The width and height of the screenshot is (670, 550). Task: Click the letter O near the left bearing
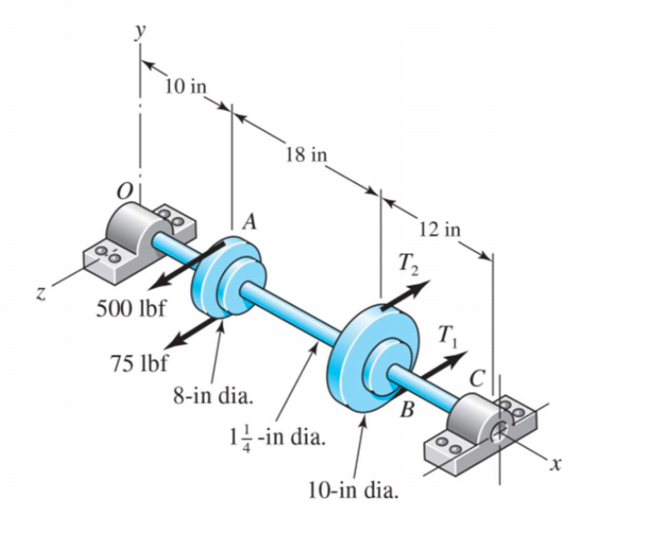click(121, 192)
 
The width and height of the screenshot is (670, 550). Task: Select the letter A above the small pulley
click(249, 221)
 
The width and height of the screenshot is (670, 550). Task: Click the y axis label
click(140, 31)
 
